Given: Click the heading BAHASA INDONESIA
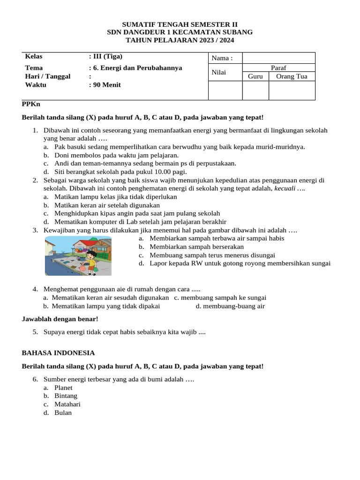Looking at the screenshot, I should coord(59,352).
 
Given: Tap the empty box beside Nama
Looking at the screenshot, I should coord(278,58).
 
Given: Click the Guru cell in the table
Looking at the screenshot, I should coord(255,76).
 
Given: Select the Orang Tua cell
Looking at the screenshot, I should coord(292,76).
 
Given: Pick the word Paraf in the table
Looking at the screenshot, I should coord(278,68).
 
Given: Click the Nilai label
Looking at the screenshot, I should coord(219,72).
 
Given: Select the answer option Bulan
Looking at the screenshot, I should coord(63,412).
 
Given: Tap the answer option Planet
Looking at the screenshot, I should coord(63,388).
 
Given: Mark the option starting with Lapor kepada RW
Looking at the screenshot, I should coord(240,263).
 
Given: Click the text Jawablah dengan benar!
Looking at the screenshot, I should coord(60,319).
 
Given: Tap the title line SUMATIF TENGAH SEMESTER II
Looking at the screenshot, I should coord(180,24).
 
